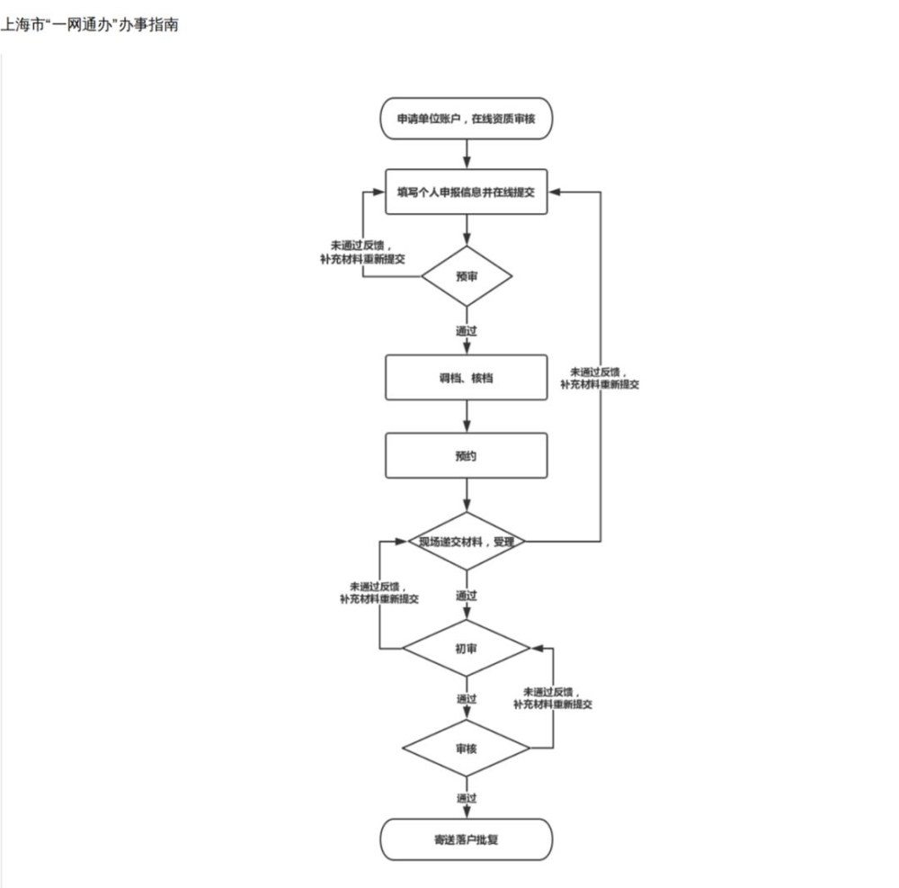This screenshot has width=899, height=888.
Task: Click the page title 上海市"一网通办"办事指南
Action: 89,24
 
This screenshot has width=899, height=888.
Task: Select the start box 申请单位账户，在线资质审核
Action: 466,118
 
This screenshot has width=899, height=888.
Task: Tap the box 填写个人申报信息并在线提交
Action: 466,192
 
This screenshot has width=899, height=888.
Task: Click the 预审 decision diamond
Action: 467,276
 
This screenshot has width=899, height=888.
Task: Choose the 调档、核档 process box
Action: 466,378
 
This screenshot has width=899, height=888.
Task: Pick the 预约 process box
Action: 466,455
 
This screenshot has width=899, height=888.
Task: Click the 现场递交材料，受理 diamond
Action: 467,541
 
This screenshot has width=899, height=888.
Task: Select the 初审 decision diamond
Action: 466,648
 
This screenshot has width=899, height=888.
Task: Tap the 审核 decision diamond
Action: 466,748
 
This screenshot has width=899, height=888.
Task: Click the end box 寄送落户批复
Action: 466,839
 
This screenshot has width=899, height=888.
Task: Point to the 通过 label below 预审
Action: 466,331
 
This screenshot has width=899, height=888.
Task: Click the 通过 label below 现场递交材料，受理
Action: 466,596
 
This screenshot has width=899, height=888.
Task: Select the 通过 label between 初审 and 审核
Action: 466,699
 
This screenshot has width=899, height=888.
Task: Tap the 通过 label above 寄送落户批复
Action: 466,798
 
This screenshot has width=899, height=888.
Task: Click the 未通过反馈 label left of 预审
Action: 362,253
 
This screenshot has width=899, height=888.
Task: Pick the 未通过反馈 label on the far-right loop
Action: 600,379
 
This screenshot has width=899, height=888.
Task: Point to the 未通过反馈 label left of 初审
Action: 379,593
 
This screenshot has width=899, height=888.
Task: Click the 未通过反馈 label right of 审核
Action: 553,698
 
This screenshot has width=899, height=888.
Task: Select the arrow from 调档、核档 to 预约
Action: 467,417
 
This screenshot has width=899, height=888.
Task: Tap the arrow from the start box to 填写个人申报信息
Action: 467,155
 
